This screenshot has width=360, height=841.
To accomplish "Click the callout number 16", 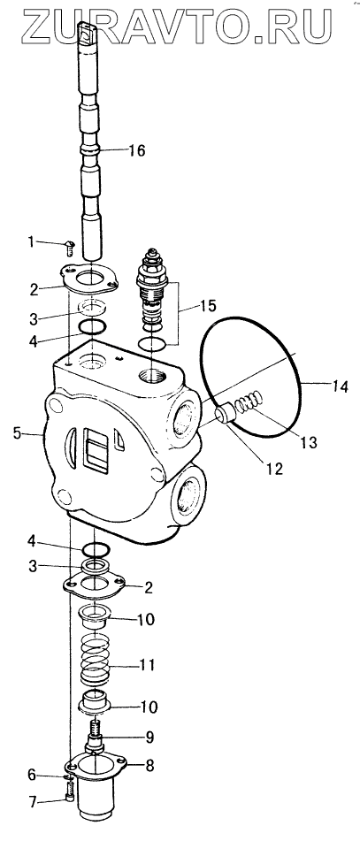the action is click(137, 150).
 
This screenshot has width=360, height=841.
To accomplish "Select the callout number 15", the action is click(208, 306).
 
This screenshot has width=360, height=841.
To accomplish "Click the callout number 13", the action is click(309, 442).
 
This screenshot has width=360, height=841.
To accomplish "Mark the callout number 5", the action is click(17, 432).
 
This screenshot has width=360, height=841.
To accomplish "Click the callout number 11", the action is click(147, 666).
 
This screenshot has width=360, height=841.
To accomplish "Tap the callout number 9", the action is click(149, 737).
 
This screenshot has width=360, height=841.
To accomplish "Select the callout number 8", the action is click(149, 766).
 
